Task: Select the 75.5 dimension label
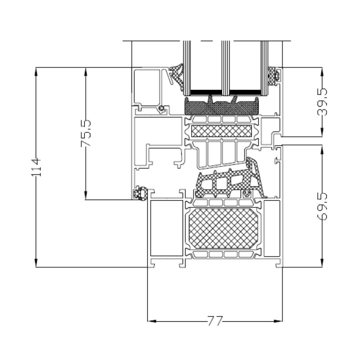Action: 86,134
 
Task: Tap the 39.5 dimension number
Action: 322,102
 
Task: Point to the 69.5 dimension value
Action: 322,206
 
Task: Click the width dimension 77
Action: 215,321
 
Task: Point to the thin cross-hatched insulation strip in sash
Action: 221,131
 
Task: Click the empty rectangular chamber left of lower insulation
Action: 167,228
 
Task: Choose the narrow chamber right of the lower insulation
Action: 271,228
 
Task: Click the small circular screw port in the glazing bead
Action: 162,108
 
